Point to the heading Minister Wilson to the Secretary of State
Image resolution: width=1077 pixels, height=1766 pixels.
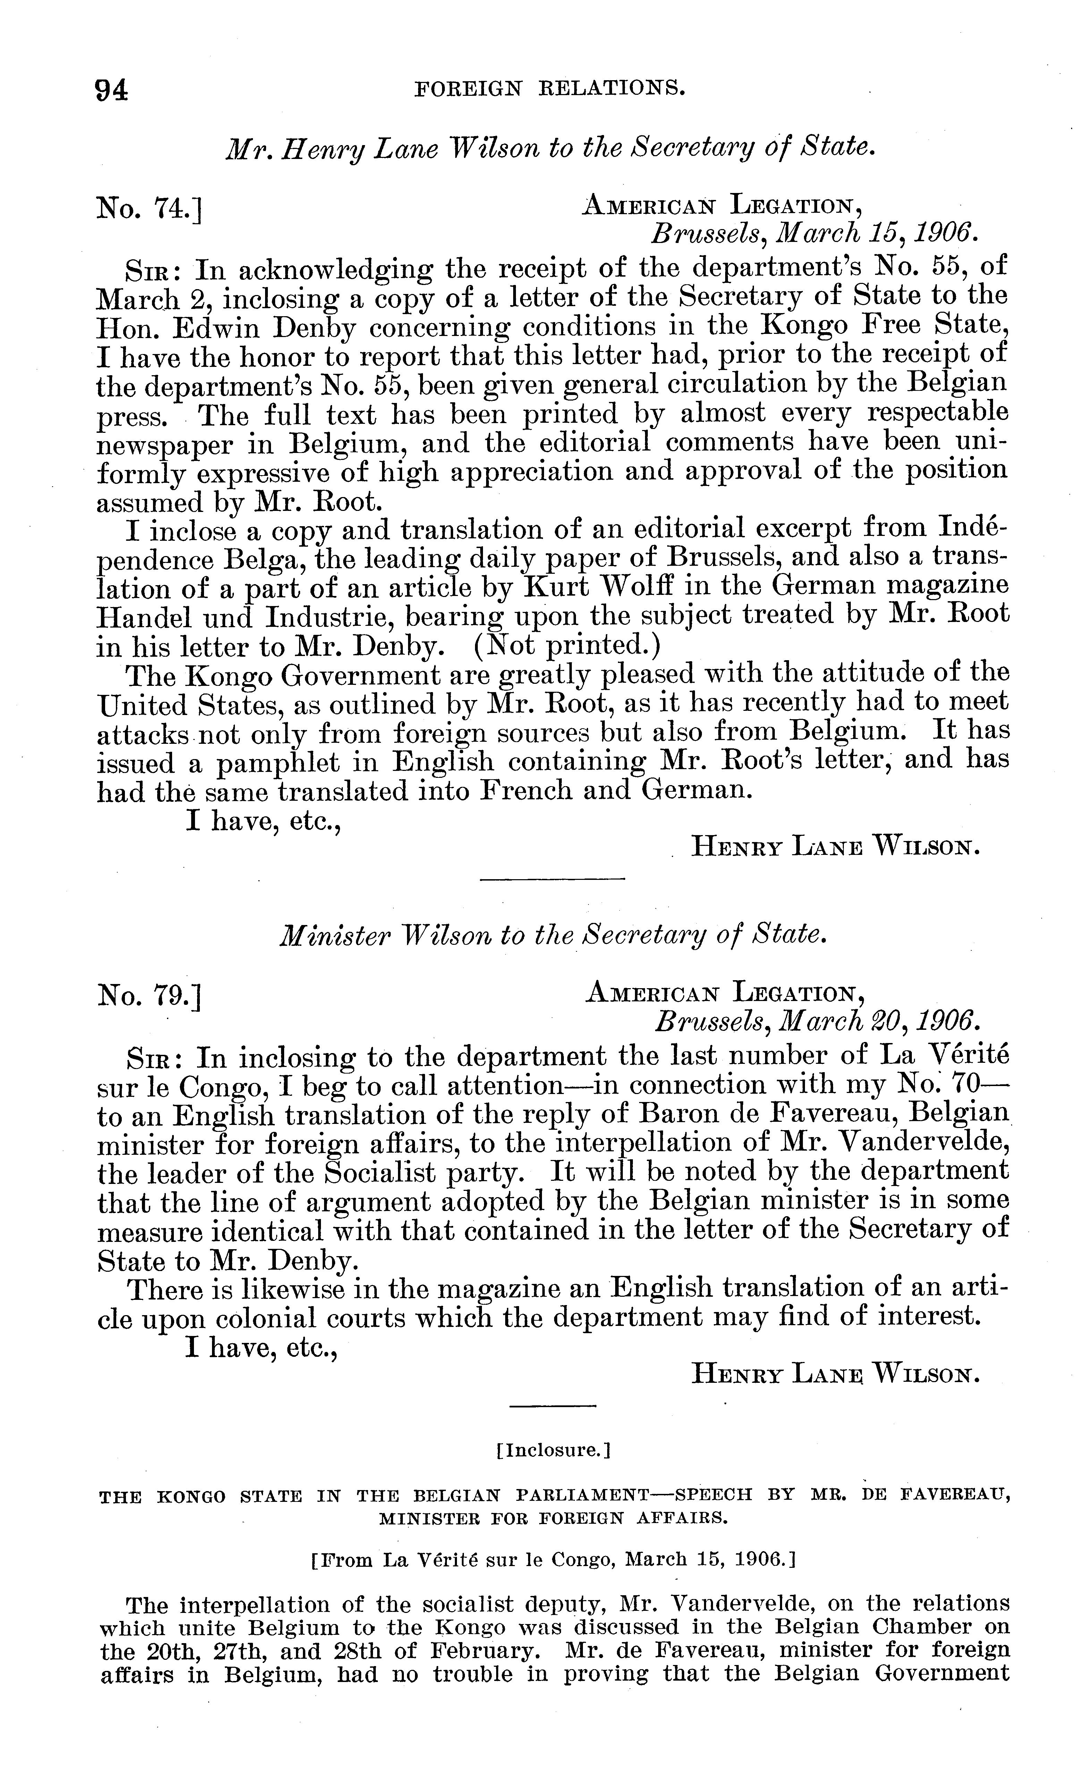(x=552, y=935)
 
